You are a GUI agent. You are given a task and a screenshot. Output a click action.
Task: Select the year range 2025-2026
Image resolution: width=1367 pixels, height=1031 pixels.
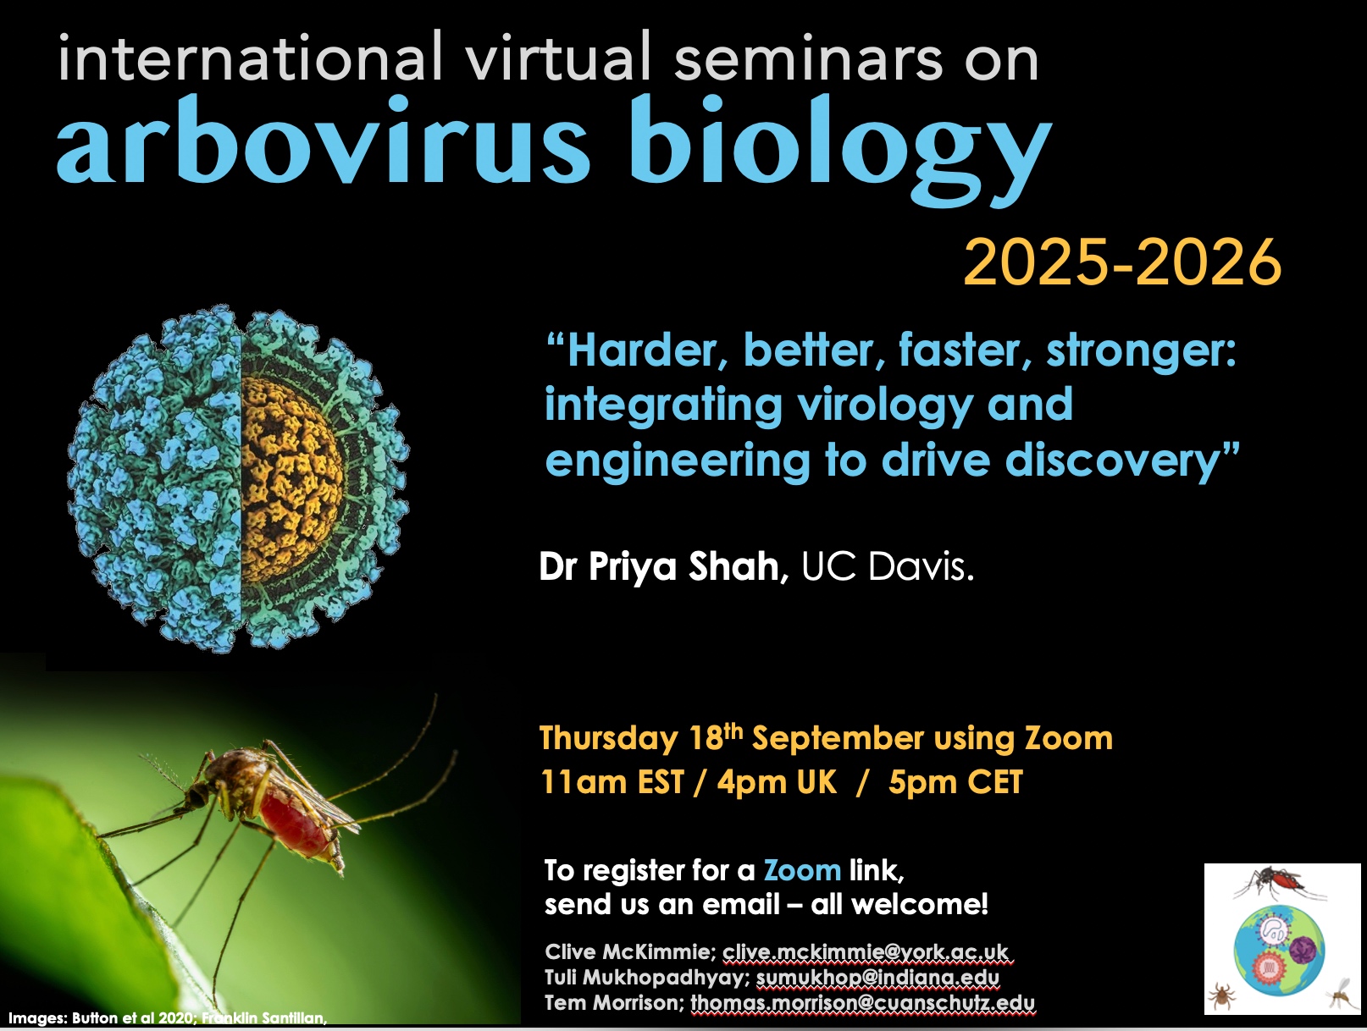[1122, 262]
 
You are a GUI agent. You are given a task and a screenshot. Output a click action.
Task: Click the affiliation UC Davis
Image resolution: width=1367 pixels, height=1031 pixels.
[887, 567]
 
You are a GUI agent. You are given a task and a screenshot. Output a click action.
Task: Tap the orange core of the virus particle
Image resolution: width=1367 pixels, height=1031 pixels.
[291, 479]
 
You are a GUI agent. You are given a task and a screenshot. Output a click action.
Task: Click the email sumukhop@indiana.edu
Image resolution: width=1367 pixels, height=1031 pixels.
[878, 978]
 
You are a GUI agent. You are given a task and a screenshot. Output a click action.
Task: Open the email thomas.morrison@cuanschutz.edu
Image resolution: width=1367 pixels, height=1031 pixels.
[863, 1003]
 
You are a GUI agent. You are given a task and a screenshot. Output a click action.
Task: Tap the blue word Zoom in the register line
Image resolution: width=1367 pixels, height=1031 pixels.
[802, 870]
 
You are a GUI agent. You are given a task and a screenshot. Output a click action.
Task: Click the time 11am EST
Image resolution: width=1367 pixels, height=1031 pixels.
[613, 782]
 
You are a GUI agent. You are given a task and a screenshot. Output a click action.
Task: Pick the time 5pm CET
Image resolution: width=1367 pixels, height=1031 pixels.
[955, 782]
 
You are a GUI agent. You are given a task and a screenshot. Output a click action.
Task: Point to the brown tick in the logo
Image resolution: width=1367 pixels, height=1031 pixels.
[1223, 995]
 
